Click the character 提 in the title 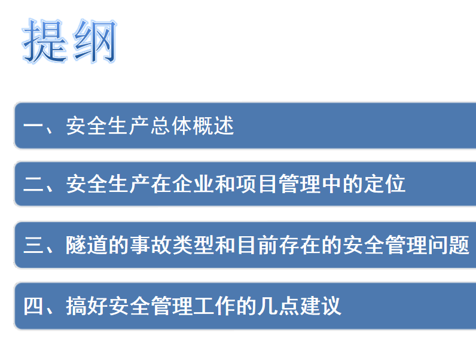coord(44,41)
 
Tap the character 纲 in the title coord(94,41)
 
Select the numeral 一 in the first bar coord(33,126)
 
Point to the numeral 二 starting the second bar coord(33,184)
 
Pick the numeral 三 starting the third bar coord(33,245)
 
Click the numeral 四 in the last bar coord(33,306)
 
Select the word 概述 coord(213,126)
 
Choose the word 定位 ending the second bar coord(385,184)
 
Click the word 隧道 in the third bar coord(87,245)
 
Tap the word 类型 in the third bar coord(193,245)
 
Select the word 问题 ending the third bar coord(448,245)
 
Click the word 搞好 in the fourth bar coord(87,306)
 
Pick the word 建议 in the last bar coord(321,306)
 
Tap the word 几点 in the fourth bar coord(278,306)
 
